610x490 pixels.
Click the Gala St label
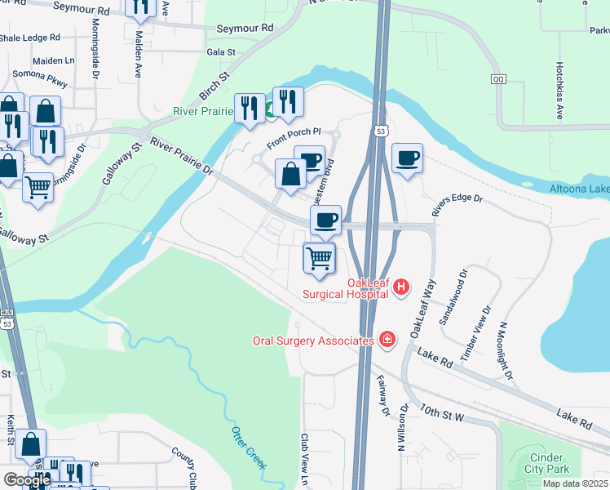point(220,51)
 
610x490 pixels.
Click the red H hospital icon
point(401,287)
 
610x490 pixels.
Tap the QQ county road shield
point(499,79)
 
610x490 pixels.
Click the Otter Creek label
point(248,448)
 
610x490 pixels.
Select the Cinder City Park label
point(548,463)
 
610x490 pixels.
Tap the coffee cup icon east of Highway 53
point(407,158)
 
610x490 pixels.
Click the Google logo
point(27,480)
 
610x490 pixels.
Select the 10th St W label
point(443,411)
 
